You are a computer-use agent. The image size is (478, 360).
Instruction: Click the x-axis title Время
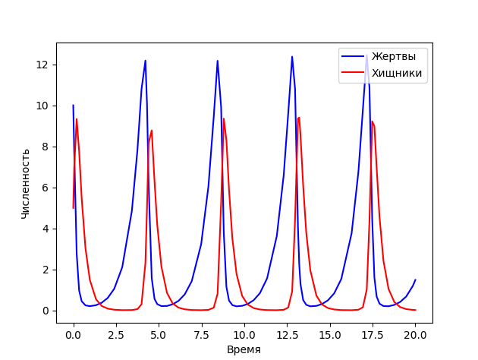click(244, 349)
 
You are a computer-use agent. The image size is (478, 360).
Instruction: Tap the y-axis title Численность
click(25, 184)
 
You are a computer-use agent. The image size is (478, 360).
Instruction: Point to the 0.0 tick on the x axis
click(74, 333)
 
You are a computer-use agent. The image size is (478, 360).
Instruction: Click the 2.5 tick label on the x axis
click(116, 333)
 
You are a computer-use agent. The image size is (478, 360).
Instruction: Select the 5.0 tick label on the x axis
click(159, 333)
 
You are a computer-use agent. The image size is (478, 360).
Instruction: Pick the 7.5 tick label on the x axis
click(202, 333)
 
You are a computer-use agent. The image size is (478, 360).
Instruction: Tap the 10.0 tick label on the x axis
click(244, 333)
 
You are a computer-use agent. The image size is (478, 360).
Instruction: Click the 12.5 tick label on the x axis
click(287, 333)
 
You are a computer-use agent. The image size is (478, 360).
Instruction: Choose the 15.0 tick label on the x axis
click(330, 333)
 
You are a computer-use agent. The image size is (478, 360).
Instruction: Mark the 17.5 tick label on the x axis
click(373, 333)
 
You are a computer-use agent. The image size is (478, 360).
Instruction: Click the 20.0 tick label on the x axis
click(415, 333)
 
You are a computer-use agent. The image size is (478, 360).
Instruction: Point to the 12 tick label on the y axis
click(42, 65)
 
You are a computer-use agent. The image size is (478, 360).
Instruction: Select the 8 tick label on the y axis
click(46, 147)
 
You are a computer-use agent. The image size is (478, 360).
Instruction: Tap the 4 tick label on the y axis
click(46, 229)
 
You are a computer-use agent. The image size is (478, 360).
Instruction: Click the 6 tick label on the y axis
click(46, 188)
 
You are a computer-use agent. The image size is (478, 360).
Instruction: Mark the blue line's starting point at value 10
click(74, 106)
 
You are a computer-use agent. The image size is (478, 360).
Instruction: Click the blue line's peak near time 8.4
click(217, 61)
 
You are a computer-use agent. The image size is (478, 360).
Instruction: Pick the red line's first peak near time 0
click(77, 118)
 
